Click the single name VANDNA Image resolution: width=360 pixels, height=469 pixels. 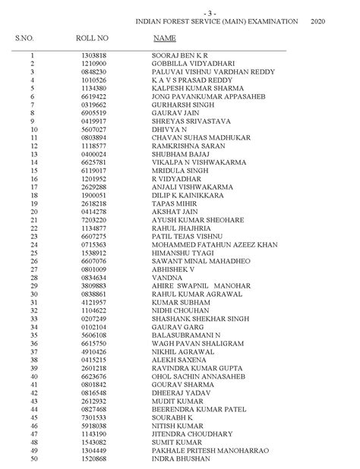[x=165, y=278]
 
